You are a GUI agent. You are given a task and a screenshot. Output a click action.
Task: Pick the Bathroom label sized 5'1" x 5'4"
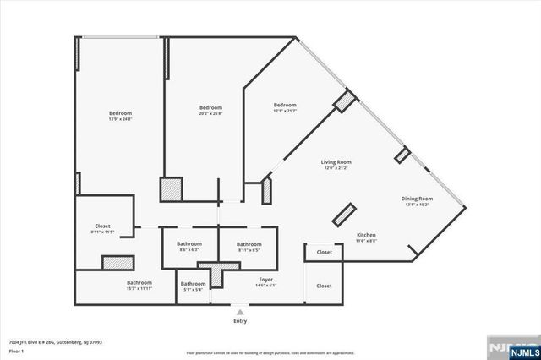click(193, 287)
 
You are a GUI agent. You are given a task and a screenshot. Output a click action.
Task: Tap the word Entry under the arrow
click(240, 321)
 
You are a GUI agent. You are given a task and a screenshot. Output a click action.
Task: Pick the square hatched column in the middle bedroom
click(172, 188)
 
